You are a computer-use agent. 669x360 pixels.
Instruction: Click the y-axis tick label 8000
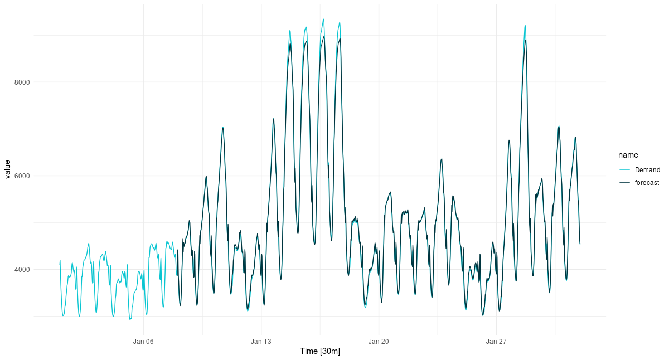(22, 82)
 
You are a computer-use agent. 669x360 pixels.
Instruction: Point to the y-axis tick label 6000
(22, 176)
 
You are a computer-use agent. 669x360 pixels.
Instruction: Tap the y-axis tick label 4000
(22, 270)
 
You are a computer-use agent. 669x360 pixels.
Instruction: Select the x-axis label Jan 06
(143, 341)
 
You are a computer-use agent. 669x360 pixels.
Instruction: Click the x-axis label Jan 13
(261, 341)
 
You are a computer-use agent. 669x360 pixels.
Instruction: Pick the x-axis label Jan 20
(379, 341)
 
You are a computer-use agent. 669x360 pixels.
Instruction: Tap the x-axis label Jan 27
(496, 341)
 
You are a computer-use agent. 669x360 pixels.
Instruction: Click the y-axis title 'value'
(8, 169)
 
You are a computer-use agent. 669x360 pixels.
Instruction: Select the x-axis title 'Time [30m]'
(320, 352)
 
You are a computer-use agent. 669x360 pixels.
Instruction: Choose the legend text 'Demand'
(647, 170)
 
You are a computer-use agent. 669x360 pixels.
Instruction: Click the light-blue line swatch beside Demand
(624, 170)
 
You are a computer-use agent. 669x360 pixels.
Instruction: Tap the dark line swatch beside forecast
(624, 183)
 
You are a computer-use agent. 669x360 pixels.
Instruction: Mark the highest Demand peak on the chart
(323, 19)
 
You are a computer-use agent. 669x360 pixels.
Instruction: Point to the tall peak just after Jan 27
(525, 25)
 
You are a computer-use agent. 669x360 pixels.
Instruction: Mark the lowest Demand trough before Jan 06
(130, 320)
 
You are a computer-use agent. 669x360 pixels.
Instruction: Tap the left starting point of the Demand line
(60, 261)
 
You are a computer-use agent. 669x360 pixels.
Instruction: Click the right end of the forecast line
(580, 244)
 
